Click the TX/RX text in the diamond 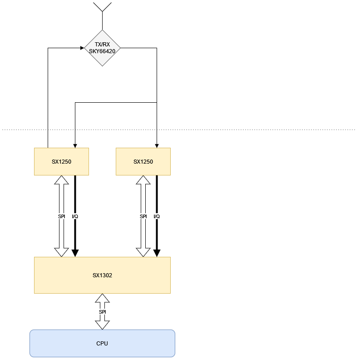point(102,45)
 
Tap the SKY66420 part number point(102,51)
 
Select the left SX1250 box point(61,161)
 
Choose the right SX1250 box point(143,161)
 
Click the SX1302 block point(102,275)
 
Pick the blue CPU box point(102,343)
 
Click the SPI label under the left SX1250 point(61,216)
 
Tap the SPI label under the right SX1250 point(143,216)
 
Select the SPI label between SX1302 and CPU point(102,312)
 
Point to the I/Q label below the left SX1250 point(74,216)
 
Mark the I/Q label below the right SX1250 point(156,216)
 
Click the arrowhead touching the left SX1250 point(61,180)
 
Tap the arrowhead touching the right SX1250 point(143,180)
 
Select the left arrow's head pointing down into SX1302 point(61,252)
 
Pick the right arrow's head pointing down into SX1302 point(143,252)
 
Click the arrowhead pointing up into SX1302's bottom point(102,298)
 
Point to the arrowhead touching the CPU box point(102,325)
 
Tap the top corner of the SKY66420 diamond point(102,30)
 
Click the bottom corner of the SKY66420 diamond point(102,65)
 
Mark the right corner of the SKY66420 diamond point(120,48)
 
